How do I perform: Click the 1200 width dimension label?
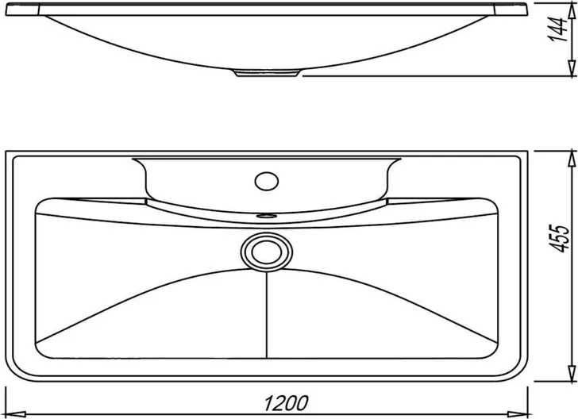coord(286,403)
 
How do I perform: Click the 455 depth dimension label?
coord(560,238)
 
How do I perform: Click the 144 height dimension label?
coord(557,29)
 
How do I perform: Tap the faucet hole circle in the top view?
coord(267,181)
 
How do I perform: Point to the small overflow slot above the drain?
coord(267,215)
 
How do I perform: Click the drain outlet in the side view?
coord(266,72)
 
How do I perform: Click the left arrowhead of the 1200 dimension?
coord(16,414)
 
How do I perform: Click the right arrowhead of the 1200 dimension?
coord(518,414)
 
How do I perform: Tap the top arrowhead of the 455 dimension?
coord(572,159)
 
